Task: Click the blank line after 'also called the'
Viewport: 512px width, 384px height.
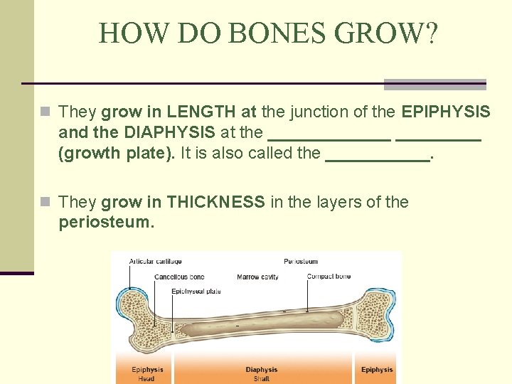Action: pyautogui.click(x=377, y=154)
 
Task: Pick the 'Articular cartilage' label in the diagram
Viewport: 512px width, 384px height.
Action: pyautogui.click(x=155, y=262)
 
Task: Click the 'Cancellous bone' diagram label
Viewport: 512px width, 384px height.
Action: pyautogui.click(x=179, y=277)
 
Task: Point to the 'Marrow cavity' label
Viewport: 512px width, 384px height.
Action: pyautogui.click(x=257, y=277)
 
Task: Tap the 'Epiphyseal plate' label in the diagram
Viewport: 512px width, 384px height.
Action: pyautogui.click(x=196, y=291)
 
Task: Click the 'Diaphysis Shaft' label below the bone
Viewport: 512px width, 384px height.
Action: pyautogui.click(x=262, y=373)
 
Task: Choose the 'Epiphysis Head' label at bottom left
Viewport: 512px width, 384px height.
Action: pyautogui.click(x=147, y=373)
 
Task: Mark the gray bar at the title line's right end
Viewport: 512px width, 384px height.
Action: pyautogui.click(x=434, y=84)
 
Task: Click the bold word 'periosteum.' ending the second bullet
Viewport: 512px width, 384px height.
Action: pyautogui.click(x=106, y=222)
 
